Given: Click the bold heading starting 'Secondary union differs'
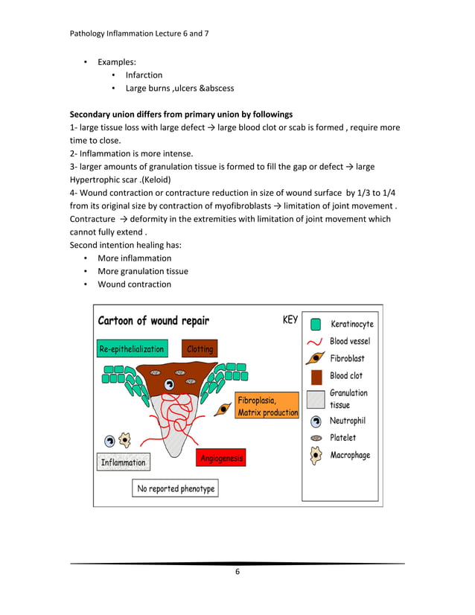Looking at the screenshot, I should pos(181,115).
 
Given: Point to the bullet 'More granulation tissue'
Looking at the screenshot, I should pos(143,271).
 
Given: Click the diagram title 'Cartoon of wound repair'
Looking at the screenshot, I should pos(154,321).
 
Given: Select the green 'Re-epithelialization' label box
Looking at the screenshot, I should pos(131,348).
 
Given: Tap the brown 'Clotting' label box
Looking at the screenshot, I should pos(200,348).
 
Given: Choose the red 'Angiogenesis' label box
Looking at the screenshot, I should pos(221,459).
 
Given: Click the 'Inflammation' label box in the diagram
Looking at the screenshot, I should pos(123,462).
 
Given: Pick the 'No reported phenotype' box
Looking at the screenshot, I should pos(176,488).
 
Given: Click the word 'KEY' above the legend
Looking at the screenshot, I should pos(290,320).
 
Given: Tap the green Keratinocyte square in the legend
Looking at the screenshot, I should pos(316,325).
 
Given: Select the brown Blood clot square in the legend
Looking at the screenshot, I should pos(316,376).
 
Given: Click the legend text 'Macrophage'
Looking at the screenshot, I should pos(350,455).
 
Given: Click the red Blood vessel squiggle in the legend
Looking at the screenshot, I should pos(316,342).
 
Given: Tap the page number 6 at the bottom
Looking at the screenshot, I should pos(237,572).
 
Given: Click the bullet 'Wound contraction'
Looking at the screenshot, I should pos(134,284).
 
